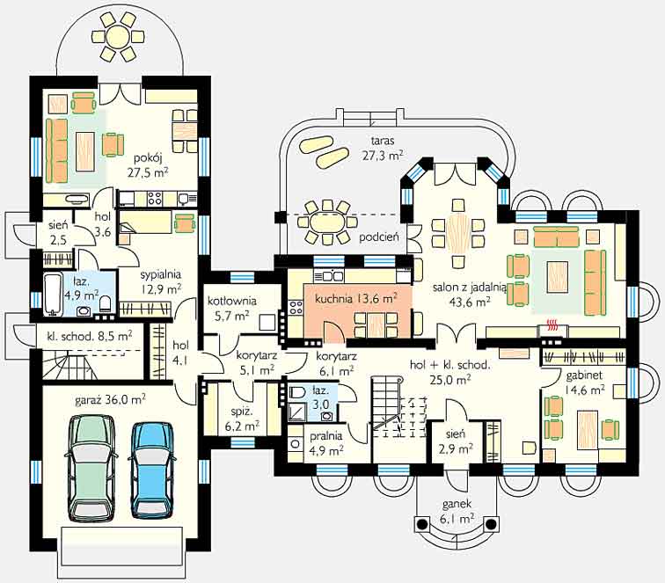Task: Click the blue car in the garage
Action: pyautogui.click(x=152, y=470)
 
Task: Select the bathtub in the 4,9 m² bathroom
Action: pyautogui.click(x=53, y=295)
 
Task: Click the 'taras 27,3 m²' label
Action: pyautogui.click(x=382, y=148)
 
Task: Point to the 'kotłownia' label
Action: pyautogui.click(x=232, y=301)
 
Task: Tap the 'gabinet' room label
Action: pyautogui.click(x=584, y=375)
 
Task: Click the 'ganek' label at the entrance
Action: pyautogui.click(x=457, y=504)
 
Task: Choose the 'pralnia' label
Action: pyautogui.click(x=325, y=436)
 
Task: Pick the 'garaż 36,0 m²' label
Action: pyautogui.click(x=110, y=400)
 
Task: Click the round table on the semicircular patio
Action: pyautogui.click(x=119, y=36)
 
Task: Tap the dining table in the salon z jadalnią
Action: pyautogui.click(x=458, y=233)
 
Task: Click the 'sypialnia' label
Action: pyautogui.click(x=161, y=274)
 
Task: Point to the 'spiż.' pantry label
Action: pyautogui.click(x=243, y=412)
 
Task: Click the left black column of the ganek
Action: pyautogui.click(x=421, y=524)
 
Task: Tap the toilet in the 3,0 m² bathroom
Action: pyautogui.click(x=297, y=393)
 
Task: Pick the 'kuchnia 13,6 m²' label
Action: pyautogui.click(x=356, y=298)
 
